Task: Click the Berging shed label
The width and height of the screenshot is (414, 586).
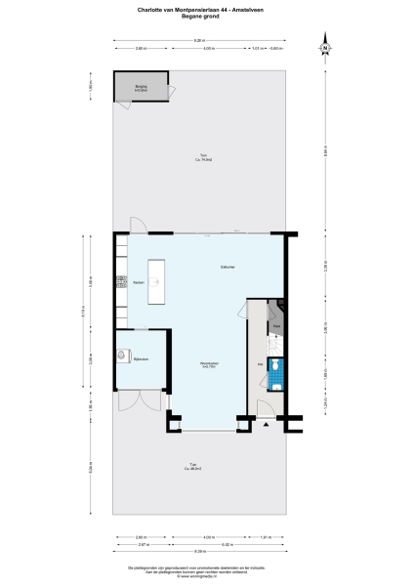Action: point(140,88)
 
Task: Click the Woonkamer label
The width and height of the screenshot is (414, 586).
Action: point(208,364)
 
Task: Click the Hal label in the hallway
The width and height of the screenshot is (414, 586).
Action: point(260,364)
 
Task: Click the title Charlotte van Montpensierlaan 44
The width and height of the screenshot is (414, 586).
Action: point(206,7)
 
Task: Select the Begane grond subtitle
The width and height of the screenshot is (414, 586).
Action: point(206,16)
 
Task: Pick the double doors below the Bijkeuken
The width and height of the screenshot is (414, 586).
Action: point(141,399)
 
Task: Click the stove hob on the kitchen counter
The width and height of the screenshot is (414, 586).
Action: point(122,283)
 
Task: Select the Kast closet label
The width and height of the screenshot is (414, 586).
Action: point(277,325)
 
